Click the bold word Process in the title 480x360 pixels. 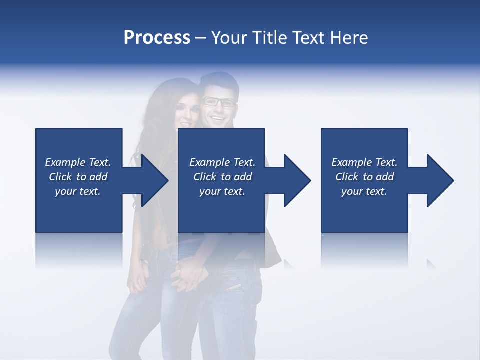click(157, 38)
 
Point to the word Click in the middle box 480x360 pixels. click(204, 177)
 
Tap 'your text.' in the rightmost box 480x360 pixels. click(364, 191)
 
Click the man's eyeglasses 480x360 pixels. click(218, 102)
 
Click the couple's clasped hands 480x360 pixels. click(189, 276)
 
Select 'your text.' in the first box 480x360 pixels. click(77, 191)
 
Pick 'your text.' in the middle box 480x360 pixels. click(222, 191)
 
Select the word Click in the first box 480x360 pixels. click(60, 177)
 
